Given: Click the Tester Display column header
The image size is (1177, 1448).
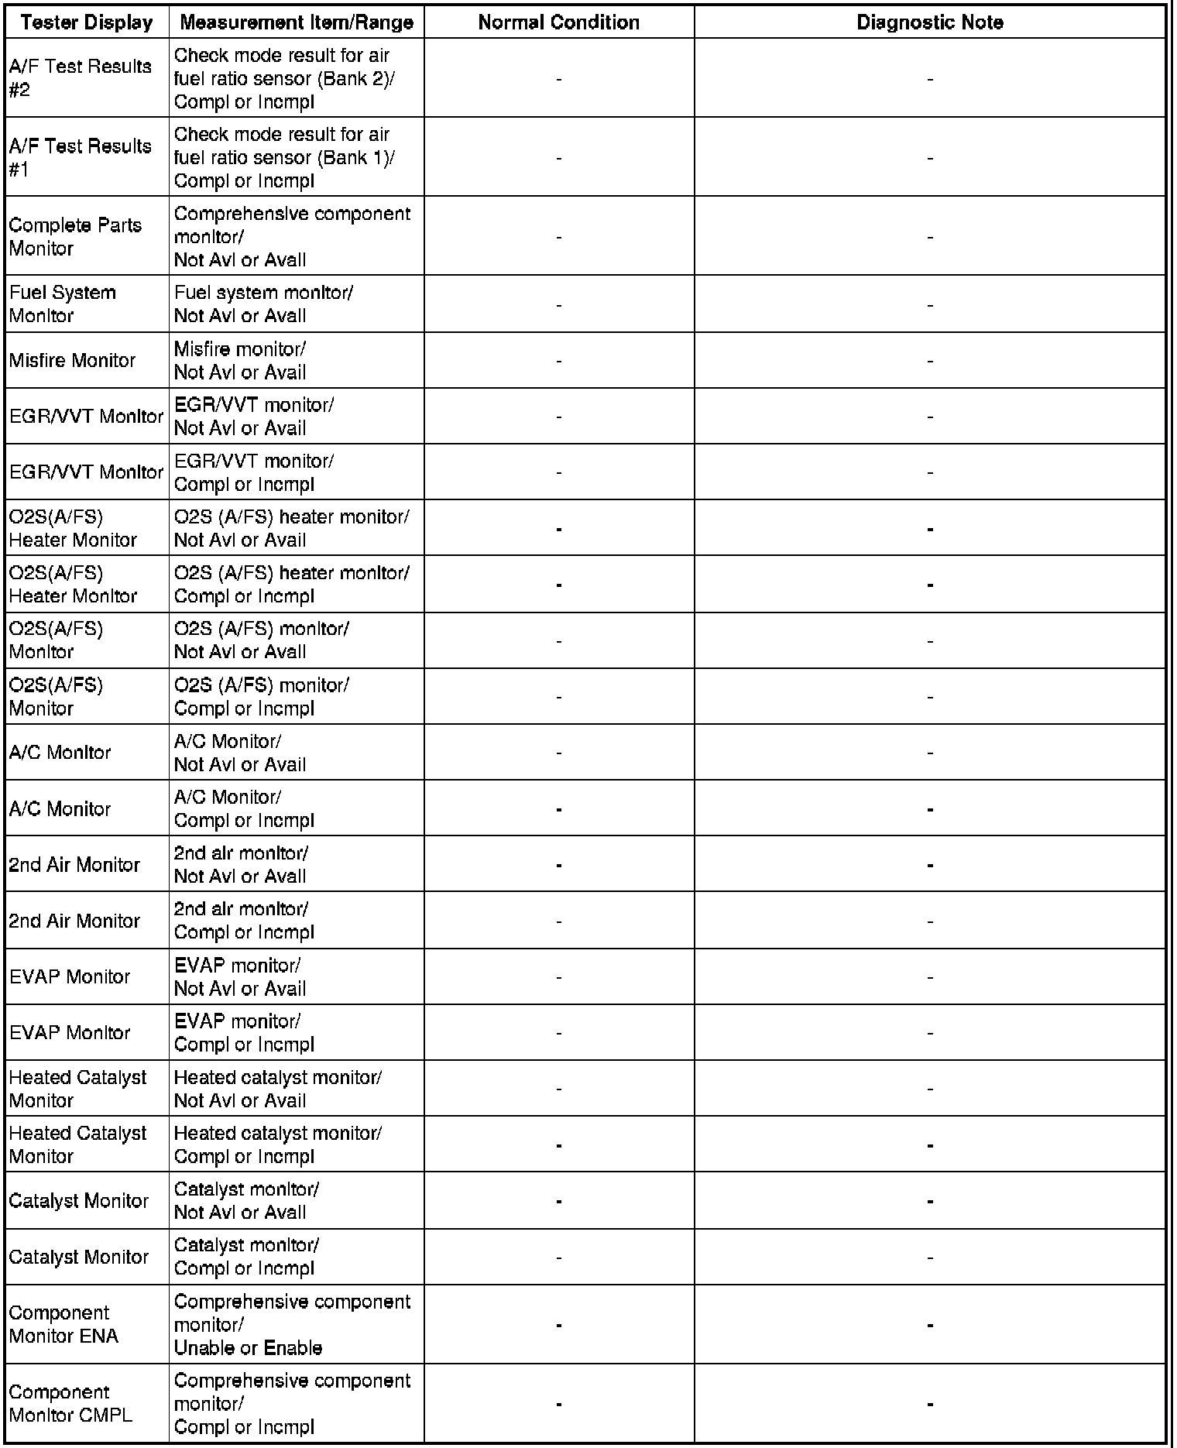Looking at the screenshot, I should point(87,22).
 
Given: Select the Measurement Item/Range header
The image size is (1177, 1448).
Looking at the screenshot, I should point(296,22).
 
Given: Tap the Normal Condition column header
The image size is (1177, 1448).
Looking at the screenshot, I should point(558,22).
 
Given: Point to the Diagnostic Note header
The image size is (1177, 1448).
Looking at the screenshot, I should point(929,22).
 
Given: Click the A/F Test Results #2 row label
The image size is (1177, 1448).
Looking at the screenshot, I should point(80,78).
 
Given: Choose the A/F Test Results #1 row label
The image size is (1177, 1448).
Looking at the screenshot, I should point(80,157).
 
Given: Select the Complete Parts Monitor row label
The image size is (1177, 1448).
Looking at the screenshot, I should point(75,236).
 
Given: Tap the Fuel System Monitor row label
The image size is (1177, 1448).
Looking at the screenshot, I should point(63,304).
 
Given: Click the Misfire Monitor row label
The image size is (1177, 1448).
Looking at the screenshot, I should point(72,360).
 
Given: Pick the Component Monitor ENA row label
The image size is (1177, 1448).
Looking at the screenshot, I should point(63,1324).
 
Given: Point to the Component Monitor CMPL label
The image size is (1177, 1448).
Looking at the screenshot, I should point(70,1403).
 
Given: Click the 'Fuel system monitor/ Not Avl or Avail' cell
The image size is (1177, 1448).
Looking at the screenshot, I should point(263,304).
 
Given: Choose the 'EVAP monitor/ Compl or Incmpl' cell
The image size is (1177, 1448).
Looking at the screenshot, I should point(244,1032).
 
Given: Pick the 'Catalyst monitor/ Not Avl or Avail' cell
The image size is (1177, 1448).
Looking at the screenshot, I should point(245,1200).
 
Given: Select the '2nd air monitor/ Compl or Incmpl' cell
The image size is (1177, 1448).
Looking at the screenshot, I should point(243,920).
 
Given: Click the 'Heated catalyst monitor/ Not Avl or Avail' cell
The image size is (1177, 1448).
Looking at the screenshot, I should point(277,1088).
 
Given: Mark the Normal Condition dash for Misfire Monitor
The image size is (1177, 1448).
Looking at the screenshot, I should point(558,361).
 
